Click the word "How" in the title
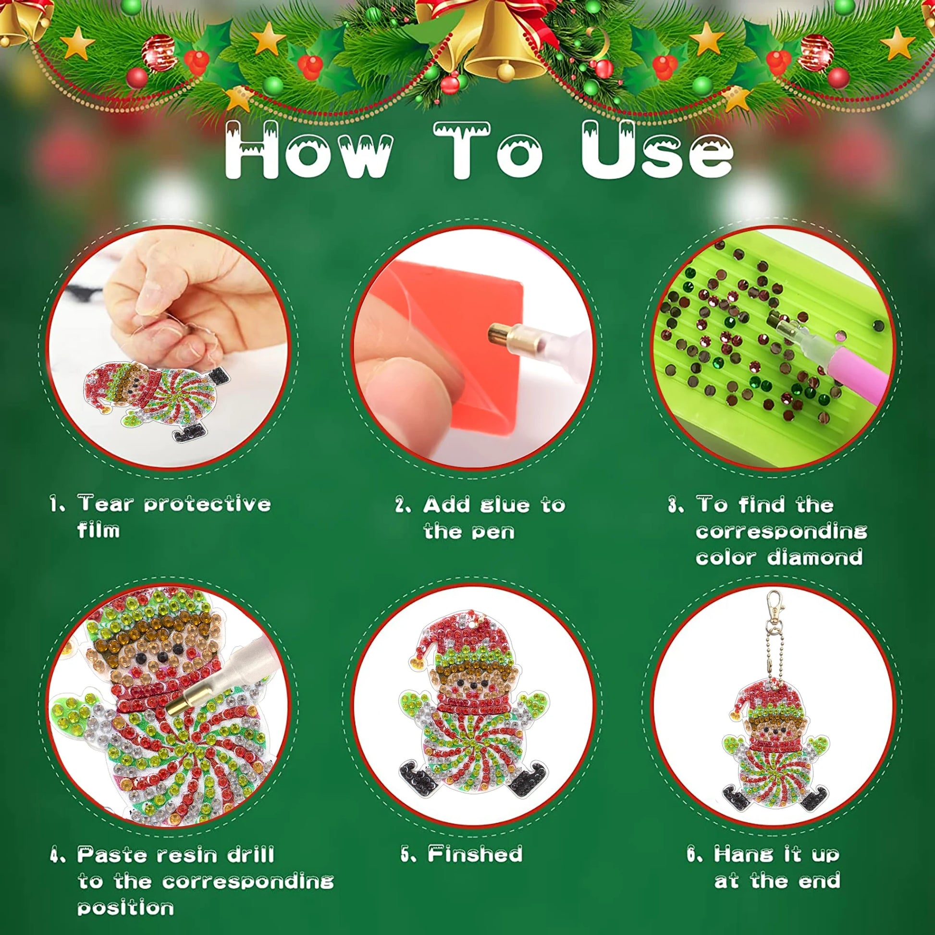coord(309,150)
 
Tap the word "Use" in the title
coord(657,150)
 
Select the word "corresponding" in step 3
coord(781,532)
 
